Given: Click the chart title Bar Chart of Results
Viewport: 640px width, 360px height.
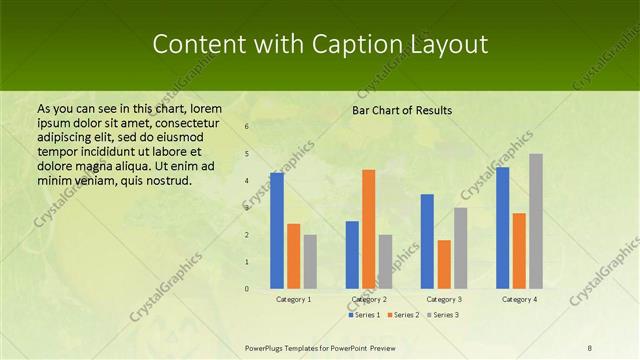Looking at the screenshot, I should click(402, 110).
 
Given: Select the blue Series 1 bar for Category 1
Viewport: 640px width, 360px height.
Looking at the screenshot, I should click(277, 231).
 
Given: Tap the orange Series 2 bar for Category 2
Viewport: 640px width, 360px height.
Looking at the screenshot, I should click(368, 229).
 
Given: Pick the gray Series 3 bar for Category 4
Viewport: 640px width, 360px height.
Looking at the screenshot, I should click(536, 221).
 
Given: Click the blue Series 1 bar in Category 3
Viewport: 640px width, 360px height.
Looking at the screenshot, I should click(427, 241).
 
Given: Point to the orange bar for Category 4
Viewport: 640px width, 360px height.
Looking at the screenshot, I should click(519, 251).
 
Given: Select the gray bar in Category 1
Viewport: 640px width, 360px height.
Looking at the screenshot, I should click(310, 262).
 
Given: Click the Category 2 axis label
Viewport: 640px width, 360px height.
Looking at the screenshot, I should click(369, 299).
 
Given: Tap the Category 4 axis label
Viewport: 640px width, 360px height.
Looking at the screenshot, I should click(519, 299).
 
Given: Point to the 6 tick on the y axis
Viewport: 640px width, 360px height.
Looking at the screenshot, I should click(247, 127).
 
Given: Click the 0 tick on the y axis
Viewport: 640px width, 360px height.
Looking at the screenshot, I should click(247, 289).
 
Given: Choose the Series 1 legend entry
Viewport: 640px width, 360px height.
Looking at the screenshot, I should click(364, 315).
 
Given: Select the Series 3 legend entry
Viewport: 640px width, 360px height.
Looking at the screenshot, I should click(443, 315).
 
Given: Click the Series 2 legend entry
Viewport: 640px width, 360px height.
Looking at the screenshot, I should click(404, 315).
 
